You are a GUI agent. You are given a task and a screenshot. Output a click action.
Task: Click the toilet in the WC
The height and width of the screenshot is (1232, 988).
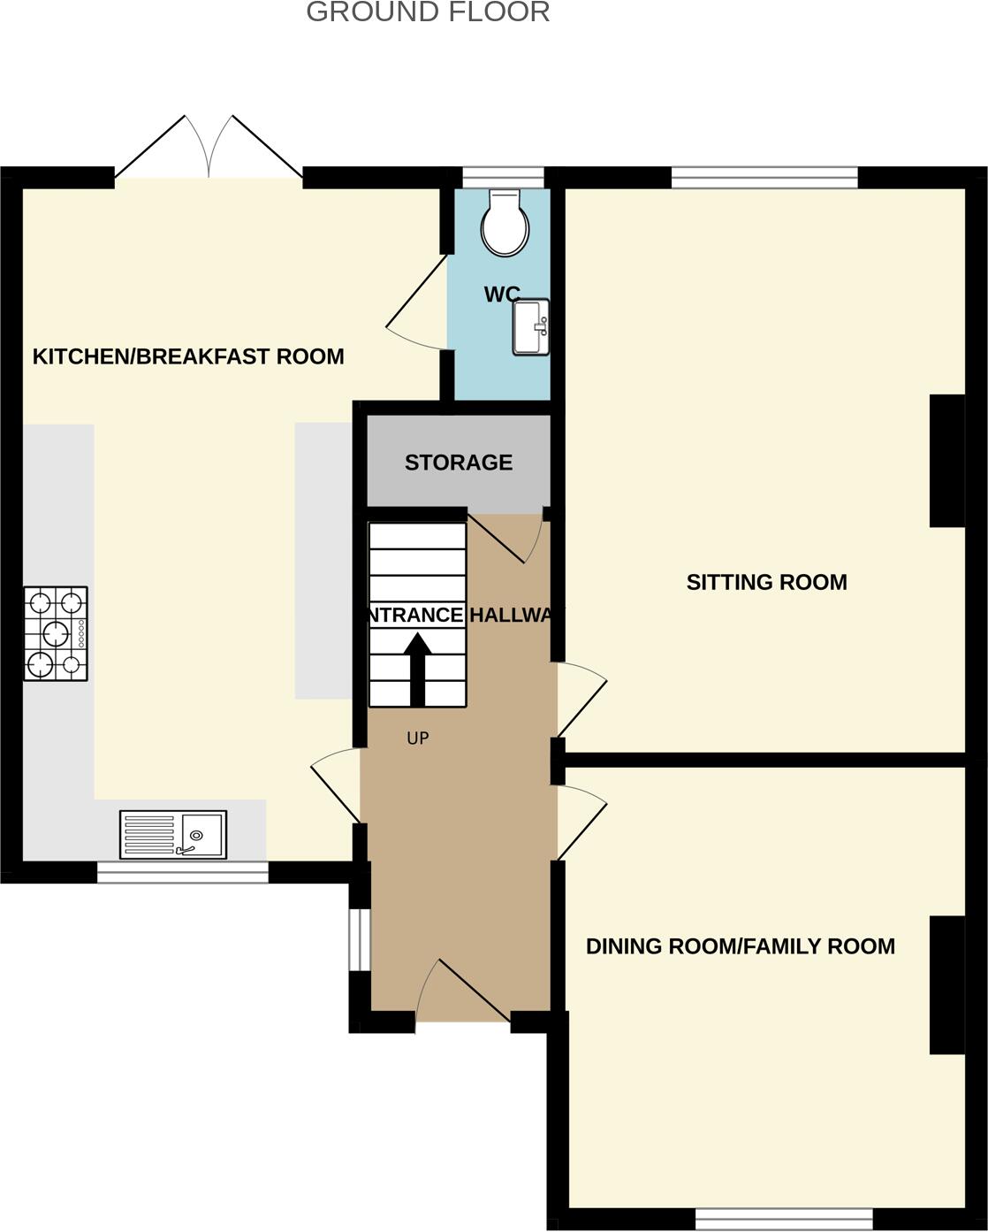[x=505, y=224]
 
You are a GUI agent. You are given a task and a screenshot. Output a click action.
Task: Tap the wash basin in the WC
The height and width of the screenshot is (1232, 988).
[x=532, y=327]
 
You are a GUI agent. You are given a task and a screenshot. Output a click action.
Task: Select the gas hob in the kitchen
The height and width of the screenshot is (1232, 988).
[x=55, y=633]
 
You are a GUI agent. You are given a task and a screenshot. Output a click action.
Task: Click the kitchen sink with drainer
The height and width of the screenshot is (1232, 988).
[x=173, y=834]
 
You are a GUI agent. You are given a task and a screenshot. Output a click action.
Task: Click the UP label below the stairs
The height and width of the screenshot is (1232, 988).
[x=418, y=738]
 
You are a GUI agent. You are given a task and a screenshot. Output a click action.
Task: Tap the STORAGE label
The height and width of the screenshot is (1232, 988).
[x=459, y=463]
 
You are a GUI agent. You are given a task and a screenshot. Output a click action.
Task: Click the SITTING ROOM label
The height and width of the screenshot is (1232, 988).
[x=766, y=582]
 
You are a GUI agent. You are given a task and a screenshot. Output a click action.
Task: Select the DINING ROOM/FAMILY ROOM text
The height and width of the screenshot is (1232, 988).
[x=741, y=946]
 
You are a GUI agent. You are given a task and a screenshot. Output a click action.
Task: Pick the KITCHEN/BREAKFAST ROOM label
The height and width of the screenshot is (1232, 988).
[x=188, y=356]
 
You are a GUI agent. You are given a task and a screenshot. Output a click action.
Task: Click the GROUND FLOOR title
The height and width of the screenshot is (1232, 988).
[x=428, y=12]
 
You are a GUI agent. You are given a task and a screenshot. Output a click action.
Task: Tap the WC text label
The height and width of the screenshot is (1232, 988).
[x=501, y=295]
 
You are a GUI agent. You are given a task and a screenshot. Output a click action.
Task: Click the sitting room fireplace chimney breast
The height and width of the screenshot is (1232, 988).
[x=947, y=461]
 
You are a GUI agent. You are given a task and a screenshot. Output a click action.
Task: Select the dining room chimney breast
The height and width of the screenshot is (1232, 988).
[x=947, y=985]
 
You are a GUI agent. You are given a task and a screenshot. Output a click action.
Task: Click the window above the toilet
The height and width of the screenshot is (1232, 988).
[x=504, y=178]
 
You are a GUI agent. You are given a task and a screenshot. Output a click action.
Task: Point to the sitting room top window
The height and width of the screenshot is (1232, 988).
[x=764, y=178]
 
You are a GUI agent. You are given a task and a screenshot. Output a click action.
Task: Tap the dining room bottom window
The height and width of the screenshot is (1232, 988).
[x=784, y=1220]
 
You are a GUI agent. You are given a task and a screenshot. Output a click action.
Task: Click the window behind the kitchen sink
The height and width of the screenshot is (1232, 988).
[x=182, y=872]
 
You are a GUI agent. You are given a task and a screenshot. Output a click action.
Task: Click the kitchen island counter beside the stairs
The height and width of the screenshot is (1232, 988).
[x=323, y=561]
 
